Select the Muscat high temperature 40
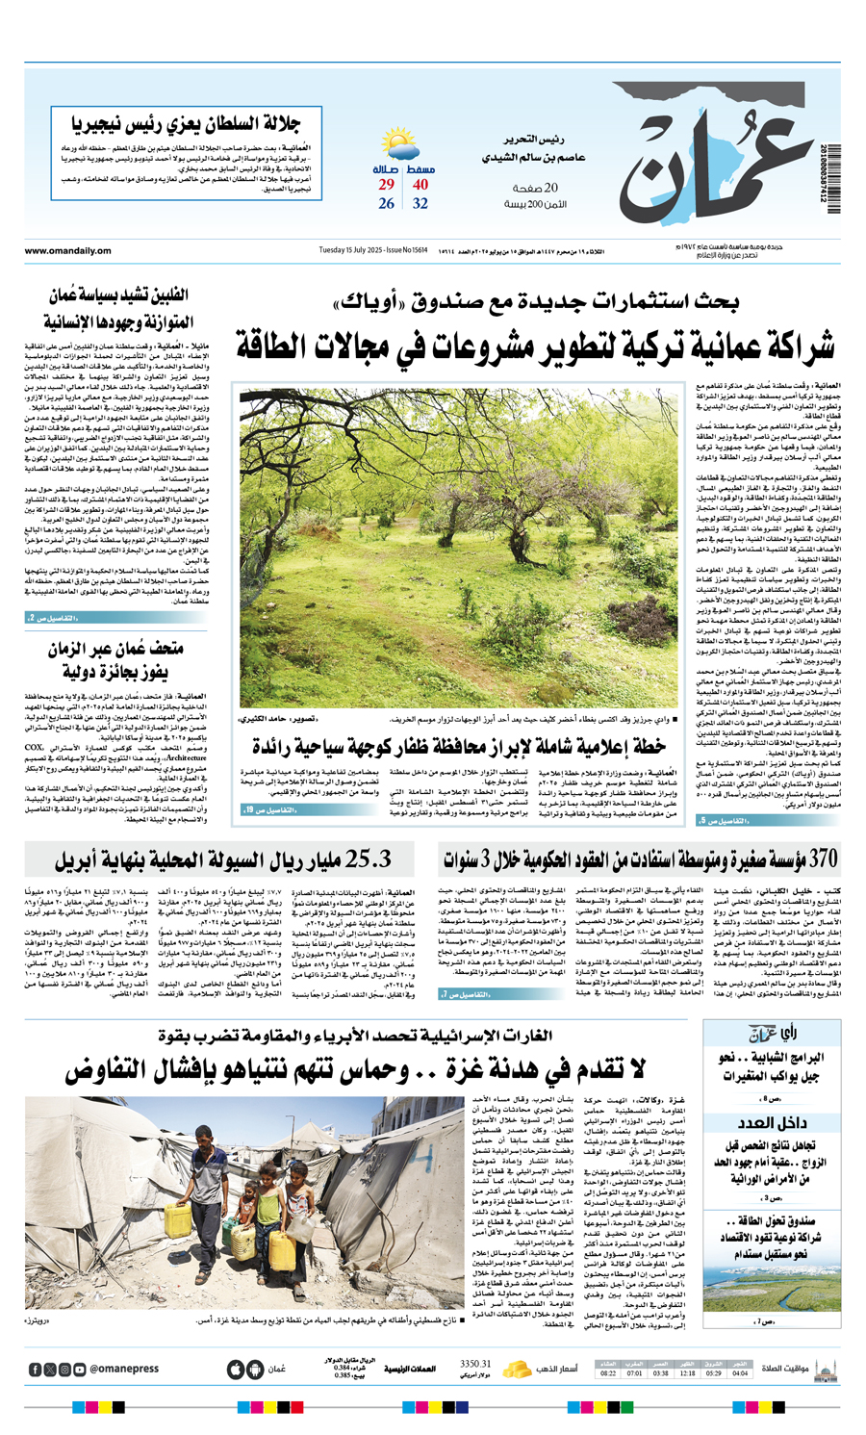(x=420, y=185)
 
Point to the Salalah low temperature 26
(x=386, y=204)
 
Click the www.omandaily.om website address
(x=68, y=252)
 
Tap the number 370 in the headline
(x=824, y=858)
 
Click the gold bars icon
(x=519, y=1369)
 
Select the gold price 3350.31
(x=475, y=1365)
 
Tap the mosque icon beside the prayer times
(x=825, y=1369)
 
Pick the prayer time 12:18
(x=687, y=1373)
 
